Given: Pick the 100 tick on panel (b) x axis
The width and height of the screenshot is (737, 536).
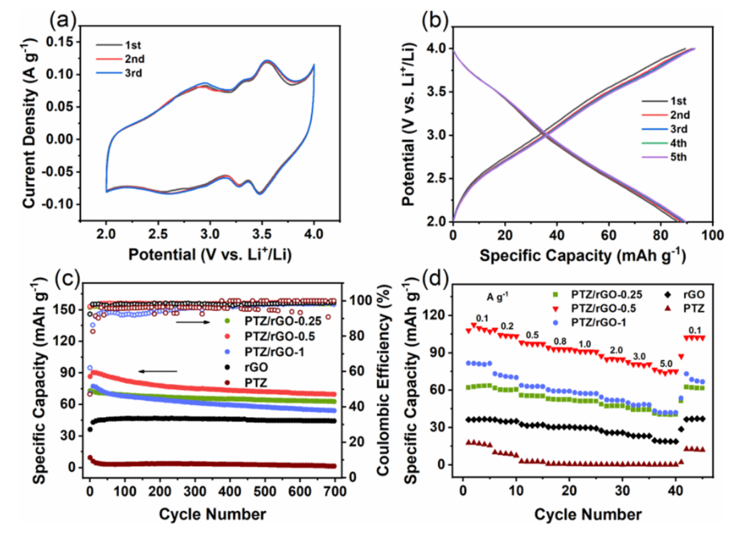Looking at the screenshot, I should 711,235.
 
